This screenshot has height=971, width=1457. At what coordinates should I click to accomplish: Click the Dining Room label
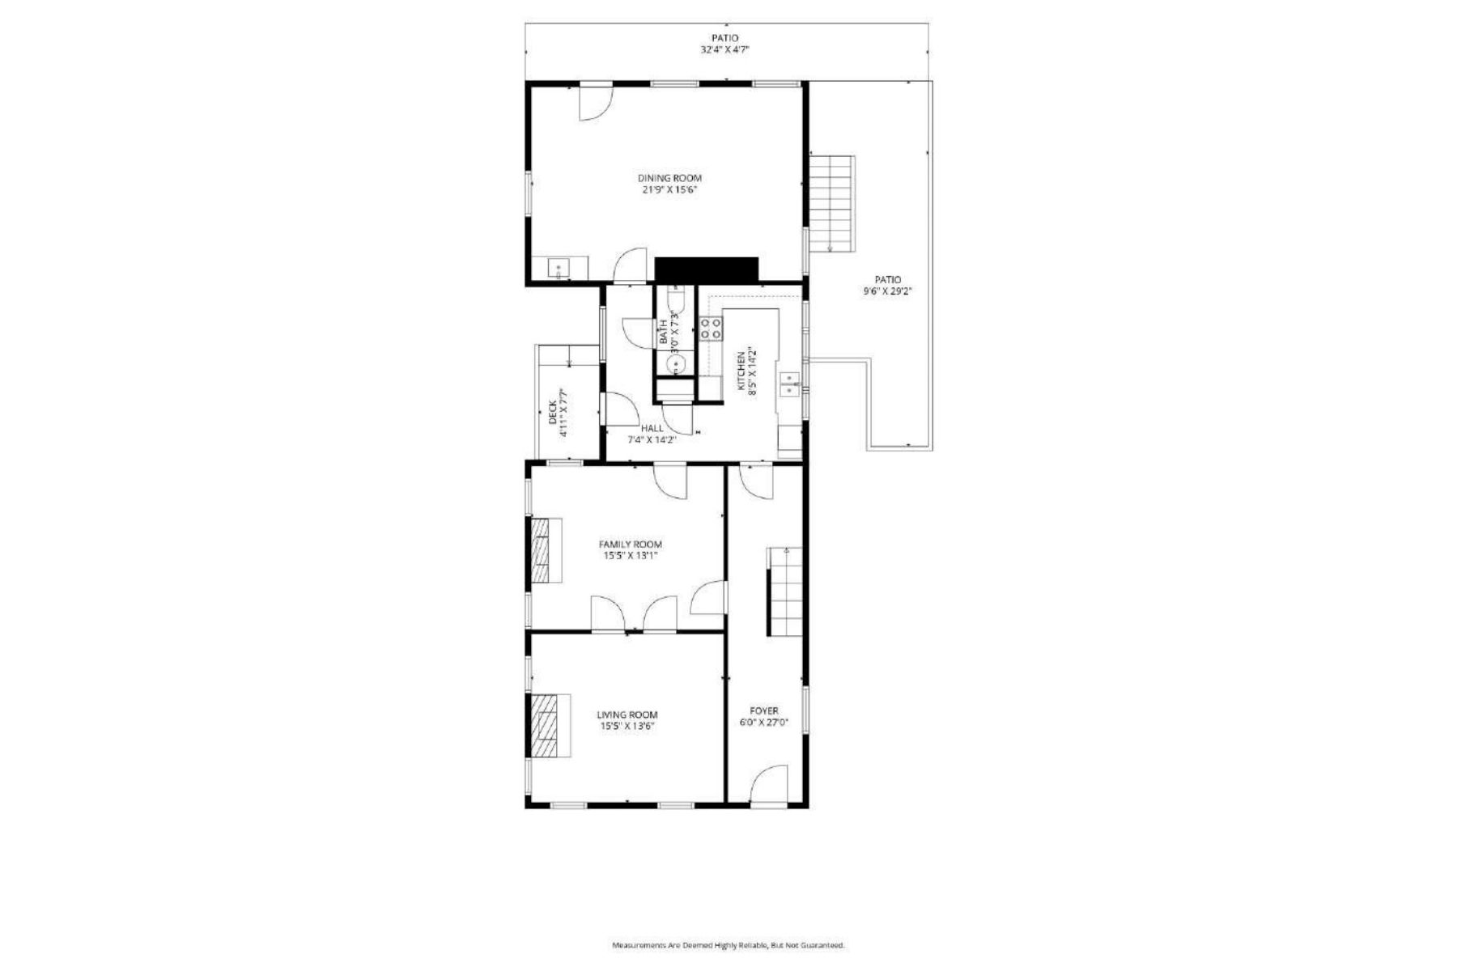click(669, 178)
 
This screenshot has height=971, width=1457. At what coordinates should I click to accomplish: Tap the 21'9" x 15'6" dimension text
click(669, 190)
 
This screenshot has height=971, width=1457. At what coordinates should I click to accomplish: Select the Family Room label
click(630, 545)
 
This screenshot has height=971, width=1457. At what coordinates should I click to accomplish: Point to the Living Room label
click(627, 714)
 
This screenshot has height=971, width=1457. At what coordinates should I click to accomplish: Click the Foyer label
click(763, 710)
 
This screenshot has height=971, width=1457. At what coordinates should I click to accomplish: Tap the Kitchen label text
click(741, 371)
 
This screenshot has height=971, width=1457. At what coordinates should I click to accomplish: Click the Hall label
click(652, 428)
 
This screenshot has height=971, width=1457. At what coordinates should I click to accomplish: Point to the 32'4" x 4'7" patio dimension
click(724, 49)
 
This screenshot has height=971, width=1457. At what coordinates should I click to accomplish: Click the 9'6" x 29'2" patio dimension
click(887, 291)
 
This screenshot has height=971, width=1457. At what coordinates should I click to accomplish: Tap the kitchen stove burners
click(711, 329)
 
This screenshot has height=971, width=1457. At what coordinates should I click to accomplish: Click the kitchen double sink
click(789, 384)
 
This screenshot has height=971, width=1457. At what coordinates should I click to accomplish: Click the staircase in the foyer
click(785, 591)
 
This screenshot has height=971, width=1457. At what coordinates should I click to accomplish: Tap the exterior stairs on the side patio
click(832, 202)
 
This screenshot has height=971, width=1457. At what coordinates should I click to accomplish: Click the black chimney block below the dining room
click(706, 269)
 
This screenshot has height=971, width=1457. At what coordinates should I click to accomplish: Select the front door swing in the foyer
click(769, 783)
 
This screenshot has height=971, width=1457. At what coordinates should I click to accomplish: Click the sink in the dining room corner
click(559, 267)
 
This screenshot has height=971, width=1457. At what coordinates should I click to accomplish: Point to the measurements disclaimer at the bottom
click(728, 945)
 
